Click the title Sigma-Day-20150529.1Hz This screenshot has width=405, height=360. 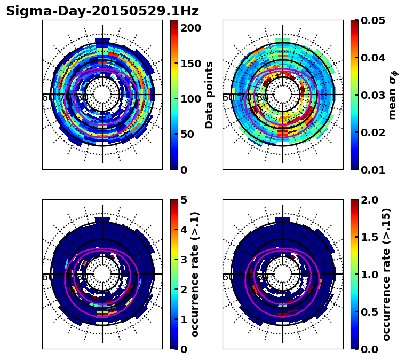pos(102,11)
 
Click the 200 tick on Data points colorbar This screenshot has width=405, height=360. pos(190,28)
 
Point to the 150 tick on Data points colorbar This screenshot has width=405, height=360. pos(190,64)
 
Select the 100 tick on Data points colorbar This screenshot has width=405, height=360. pos(190,99)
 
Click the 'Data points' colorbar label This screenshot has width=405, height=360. pos(209,95)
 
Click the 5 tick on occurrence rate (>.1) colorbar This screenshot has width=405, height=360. pos(184,200)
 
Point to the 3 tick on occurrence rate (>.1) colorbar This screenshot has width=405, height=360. pos(184,260)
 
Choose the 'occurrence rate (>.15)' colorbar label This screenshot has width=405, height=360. pos(386,274)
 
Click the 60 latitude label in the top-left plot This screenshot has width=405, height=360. pos(47,98)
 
